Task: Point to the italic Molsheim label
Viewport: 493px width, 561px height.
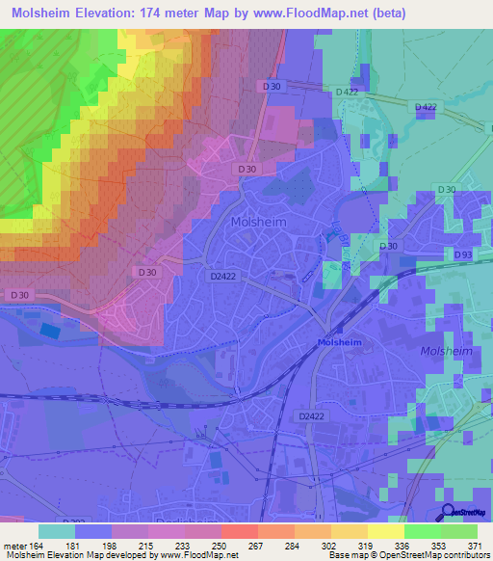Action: coord(448,352)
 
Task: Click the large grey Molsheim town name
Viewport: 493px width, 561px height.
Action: coord(259,221)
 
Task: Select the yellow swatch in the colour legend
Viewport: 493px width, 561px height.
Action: coord(385,530)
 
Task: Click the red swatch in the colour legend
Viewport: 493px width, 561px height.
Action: coord(239,530)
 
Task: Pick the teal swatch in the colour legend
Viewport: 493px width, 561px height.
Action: coord(57,530)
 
